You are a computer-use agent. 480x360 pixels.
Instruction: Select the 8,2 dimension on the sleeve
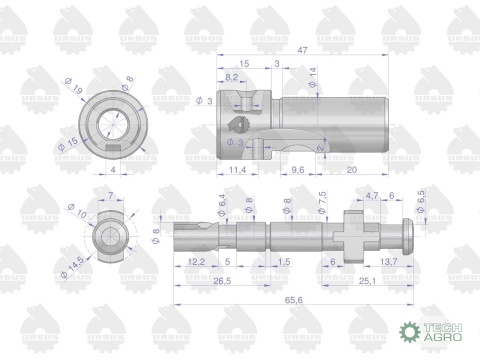[231, 77]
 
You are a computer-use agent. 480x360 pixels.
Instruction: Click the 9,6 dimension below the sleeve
[297, 170]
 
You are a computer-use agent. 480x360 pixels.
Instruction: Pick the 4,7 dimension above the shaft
[373, 198]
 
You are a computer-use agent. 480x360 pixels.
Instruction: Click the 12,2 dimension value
[196, 261]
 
